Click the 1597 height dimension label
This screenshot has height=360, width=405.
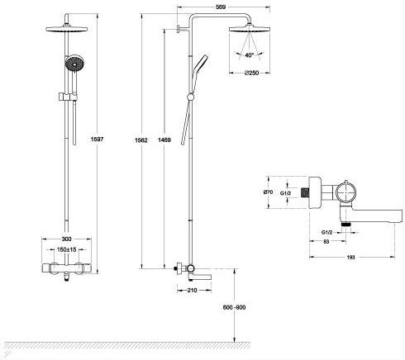[x=97, y=139]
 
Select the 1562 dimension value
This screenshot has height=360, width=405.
[x=141, y=140]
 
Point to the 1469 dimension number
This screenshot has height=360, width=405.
[x=164, y=140]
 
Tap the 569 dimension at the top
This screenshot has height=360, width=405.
[x=221, y=7]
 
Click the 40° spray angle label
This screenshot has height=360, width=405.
[x=249, y=55]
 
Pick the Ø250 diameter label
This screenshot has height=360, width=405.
[x=252, y=73]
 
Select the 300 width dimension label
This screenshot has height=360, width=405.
[x=66, y=239]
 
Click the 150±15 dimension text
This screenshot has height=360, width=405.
[x=66, y=249]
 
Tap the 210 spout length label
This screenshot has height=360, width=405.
[x=192, y=290]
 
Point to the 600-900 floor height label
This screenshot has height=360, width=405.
[x=234, y=307]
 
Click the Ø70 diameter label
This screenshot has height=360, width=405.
[x=268, y=192]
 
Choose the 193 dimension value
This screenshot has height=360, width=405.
[x=350, y=258]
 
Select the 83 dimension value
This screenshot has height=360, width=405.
[x=326, y=242]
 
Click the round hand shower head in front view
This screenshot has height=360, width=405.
[x=74, y=63]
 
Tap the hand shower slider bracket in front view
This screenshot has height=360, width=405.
[x=68, y=97]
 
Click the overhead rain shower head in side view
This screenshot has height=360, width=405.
[x=250, y=29]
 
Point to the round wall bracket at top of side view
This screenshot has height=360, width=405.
[x=179, y=29]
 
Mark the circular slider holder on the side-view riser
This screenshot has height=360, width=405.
[x=190, y=97]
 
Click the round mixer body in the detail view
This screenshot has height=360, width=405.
[x=345, y=192]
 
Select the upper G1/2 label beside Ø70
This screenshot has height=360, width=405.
[x=285, y=193]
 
